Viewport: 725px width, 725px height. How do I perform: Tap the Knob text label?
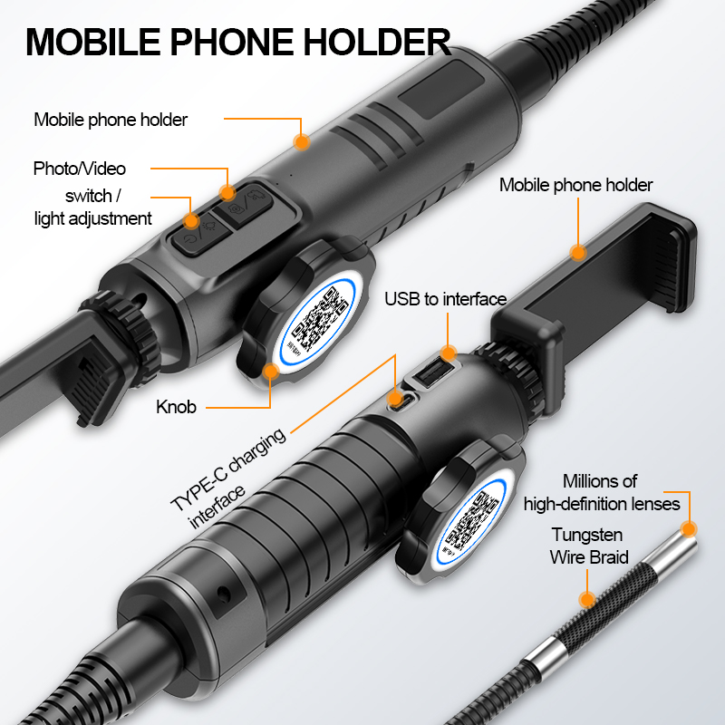coord(176,407)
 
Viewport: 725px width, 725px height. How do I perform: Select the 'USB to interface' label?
coord(445,299)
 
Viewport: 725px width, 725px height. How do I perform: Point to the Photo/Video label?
coord(80,169)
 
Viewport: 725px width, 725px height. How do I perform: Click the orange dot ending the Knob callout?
coord(268,371)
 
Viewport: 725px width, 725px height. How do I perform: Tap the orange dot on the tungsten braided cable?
coord(586,599)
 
